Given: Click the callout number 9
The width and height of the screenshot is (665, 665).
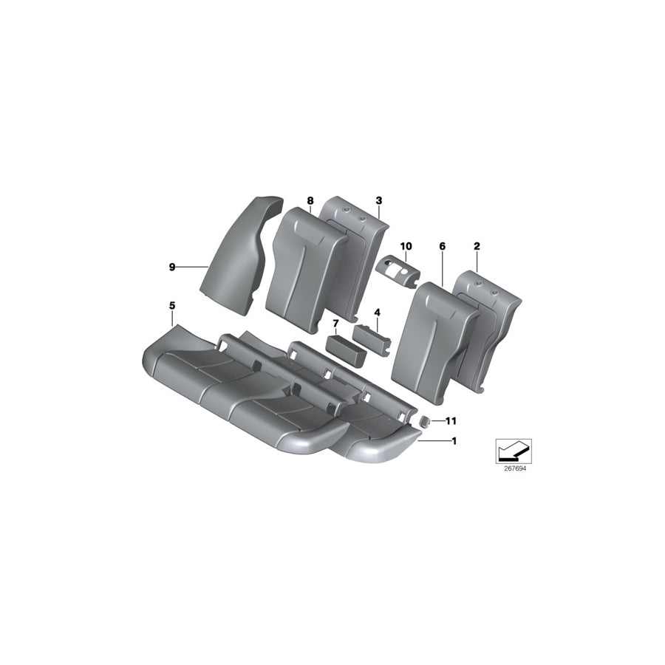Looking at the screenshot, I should pyautogui.click(x=172, y=267).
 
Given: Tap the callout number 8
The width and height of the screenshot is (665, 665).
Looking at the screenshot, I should pyautogui.click(x=310, y=201).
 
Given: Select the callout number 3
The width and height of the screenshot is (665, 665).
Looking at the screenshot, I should pyautogui.click(x=378, y=200).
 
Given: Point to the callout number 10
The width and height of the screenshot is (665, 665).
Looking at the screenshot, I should pyautogui.click(x=406, y=245).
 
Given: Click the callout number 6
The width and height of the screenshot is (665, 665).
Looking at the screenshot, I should pyautogui.click(x=442, y=246).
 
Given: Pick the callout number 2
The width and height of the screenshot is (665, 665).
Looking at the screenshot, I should pyautogui.click(x=477, y=246).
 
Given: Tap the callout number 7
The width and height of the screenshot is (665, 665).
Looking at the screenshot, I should pyautogui.click(x=335, y=324).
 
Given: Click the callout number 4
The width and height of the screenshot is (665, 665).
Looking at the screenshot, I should pyautogui.click(x=377, y=313).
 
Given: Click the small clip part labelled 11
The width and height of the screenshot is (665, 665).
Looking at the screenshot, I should pyautogui.click(x=426, y=421).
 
